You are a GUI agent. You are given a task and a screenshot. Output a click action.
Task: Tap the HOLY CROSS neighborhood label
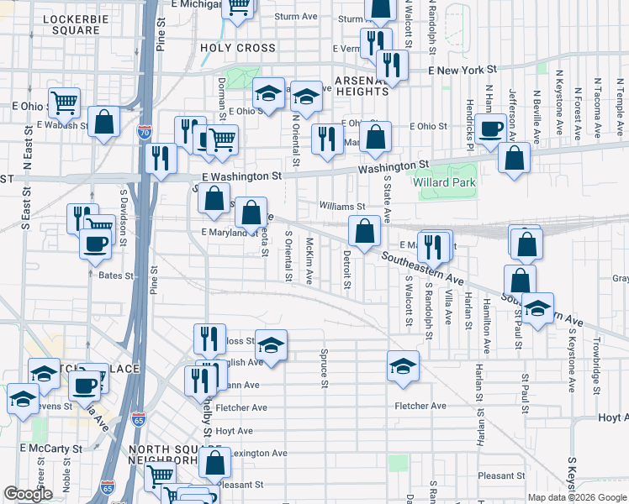[x=238, y=48]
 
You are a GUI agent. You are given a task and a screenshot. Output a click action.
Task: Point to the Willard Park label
[x=444, y=182]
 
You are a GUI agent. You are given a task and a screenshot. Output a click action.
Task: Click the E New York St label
[x=463, y=72]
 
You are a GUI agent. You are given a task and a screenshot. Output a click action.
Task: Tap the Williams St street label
[x=342, y=206]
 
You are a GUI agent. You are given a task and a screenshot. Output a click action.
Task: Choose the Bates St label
[x=116, y=275]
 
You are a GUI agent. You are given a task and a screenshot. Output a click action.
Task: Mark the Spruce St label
[x=324, y=370]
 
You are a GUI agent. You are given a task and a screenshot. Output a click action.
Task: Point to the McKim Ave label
[x=309, y=260]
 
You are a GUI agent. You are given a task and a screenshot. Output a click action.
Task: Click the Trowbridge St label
[x=595, y=366]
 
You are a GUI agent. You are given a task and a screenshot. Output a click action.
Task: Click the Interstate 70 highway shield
[x=145, y=132]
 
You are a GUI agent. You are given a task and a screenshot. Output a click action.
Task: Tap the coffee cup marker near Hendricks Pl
[x=490, y=129]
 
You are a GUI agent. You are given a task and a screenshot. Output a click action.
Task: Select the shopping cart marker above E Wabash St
[x=64, y=102]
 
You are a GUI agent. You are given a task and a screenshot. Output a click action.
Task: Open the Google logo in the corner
[x=29, y=494]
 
